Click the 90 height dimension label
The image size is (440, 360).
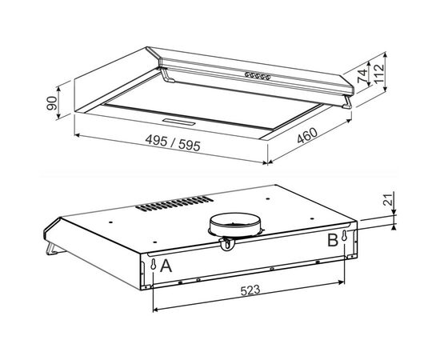coord(52,103)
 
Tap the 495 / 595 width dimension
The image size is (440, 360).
coord(173,142)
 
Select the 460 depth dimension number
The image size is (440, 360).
coord(307,135)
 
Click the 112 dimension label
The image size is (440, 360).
coord(379,74)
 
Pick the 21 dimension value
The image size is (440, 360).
coord(387,200)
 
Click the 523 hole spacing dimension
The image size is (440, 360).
coord(250,290)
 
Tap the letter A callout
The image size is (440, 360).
coord(166,266)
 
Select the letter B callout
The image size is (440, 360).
coord(333,241)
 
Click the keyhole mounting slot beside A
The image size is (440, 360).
coord(154,264)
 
